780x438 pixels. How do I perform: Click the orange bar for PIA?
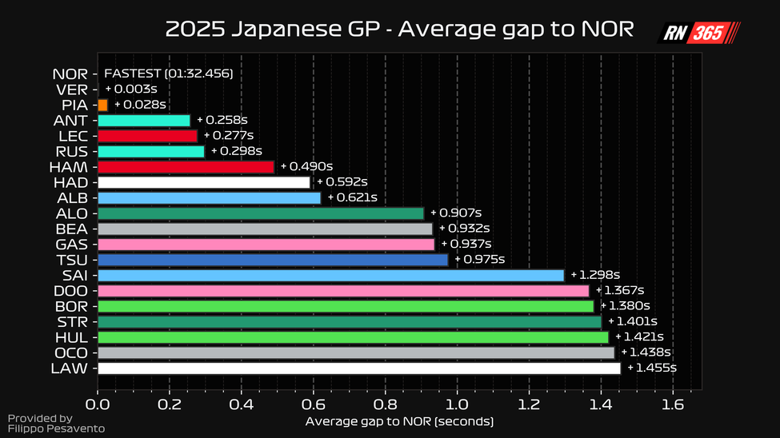click(x=102, y=105)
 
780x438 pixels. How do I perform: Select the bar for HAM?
click(x=186, y=166)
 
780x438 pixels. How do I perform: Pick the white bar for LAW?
click(x=358, y=368)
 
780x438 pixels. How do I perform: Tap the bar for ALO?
click(x=260, y=213)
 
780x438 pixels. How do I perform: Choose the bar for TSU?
click(x=272, y=260)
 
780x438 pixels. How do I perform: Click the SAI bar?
click(x=330, y=275)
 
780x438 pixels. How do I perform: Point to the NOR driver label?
click(x=70, y=74)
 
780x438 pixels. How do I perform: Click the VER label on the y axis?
click(x=71, y=90)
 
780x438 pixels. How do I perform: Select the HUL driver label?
click(x=70, y=337)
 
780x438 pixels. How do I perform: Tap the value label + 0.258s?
click(x=222, y=120)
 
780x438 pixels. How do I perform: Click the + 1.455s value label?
click(x=652, y=368)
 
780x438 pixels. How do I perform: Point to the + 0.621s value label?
click(x=352, y=197)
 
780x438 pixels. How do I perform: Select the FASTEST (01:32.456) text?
click(x=168, y=74)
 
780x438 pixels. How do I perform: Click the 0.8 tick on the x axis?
click(x=385, y=405)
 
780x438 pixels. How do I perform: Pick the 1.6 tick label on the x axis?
click(x=673, y=405)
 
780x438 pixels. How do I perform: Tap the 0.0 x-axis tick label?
click(x=98, y=405)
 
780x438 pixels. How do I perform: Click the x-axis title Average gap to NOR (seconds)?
click(x=399, y=421)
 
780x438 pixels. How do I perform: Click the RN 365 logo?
click(x=698, y=33)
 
